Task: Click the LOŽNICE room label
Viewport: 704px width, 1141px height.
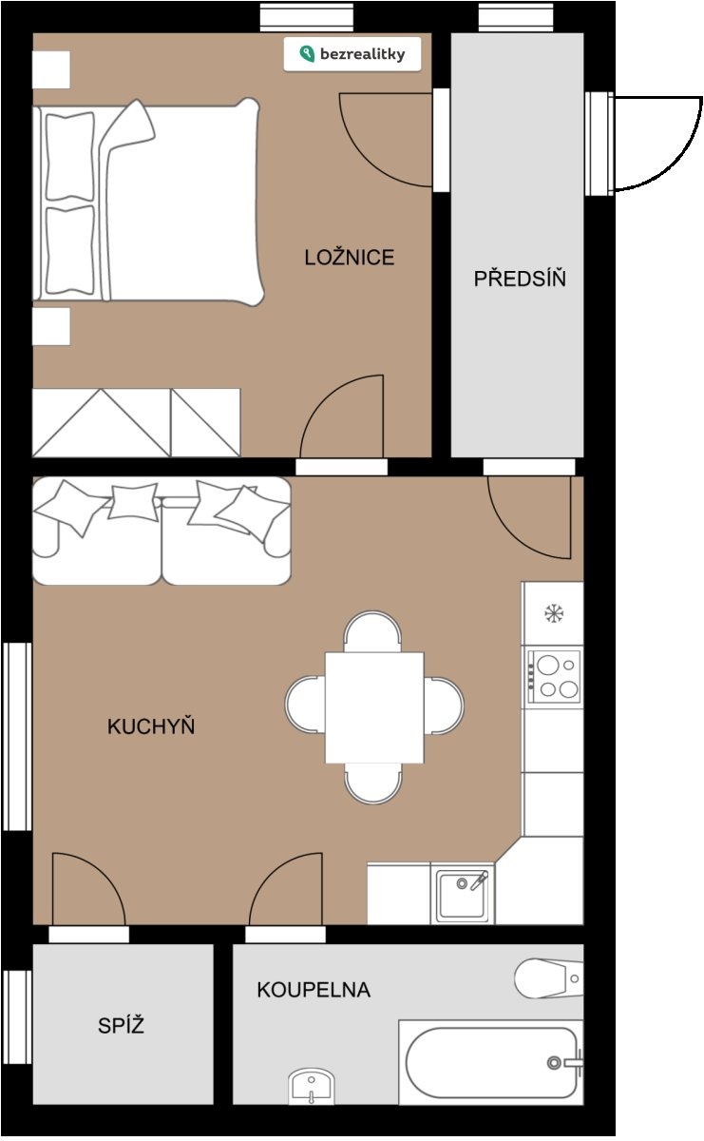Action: [x=350, y=258]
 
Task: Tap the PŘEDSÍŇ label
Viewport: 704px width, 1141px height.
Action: [x=520, y=278]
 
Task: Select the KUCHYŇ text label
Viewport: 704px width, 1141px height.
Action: [x=151, y=725]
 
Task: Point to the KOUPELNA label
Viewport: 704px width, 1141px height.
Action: [x=314, y=990]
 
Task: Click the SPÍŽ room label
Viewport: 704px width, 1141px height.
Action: [x=122, y=1025]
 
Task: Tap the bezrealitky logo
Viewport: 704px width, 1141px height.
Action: [x=352, y=54]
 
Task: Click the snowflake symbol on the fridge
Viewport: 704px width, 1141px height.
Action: [x=554, y=612]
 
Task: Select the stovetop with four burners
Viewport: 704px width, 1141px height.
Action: [x=554, y=677]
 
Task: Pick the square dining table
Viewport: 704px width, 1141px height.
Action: [x=374, y=707]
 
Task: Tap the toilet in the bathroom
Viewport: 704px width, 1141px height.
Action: [x=549, y=978]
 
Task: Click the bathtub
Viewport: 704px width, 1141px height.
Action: [x=491, y=1062]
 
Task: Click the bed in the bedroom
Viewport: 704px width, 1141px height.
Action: [x=148, y=203]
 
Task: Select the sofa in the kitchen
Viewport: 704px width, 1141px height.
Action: [x=162, y=531]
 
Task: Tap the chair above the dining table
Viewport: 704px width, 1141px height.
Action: [x=372, y=631]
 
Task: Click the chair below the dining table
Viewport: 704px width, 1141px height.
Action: [x=373, y=783]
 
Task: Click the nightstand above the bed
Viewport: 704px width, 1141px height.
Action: [x=51, y=69]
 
